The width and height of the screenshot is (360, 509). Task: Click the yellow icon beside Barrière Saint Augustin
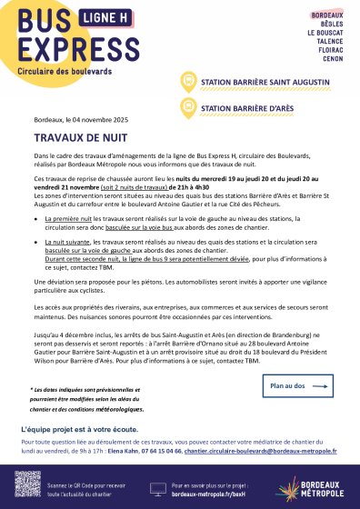(189, 82)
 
